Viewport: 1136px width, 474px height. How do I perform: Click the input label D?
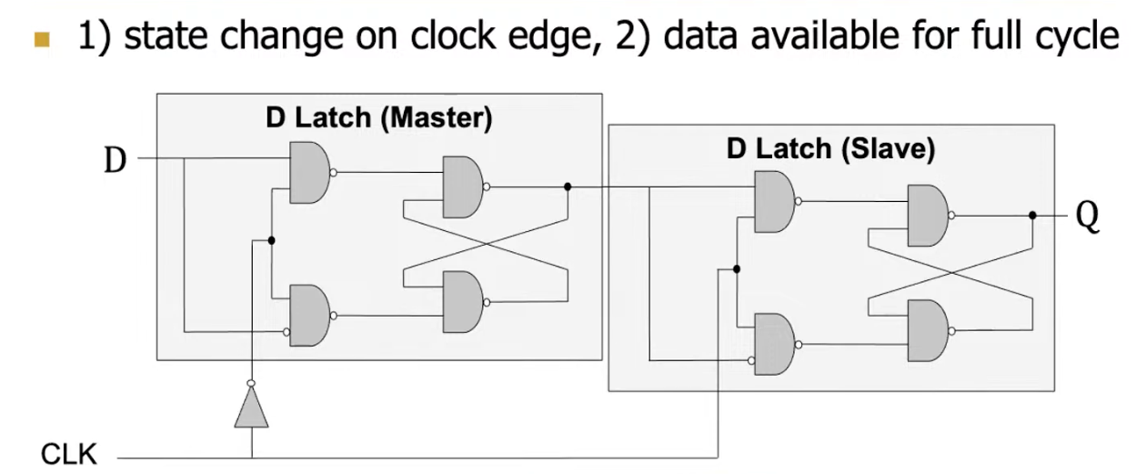115,161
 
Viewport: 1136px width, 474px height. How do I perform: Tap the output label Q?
1087,217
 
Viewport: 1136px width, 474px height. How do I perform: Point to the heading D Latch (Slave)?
830,149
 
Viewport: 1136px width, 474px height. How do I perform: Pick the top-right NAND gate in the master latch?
463,187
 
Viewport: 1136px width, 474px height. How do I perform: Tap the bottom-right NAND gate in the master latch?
463,302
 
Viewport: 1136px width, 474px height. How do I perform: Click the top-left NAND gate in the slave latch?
774,201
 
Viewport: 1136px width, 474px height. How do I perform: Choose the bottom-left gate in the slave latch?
774,344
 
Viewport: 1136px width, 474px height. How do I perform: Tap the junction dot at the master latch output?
568,187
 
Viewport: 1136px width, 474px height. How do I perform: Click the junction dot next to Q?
1032,216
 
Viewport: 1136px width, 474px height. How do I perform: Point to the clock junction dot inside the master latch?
271,240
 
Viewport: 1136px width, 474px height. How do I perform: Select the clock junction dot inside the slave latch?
736,269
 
